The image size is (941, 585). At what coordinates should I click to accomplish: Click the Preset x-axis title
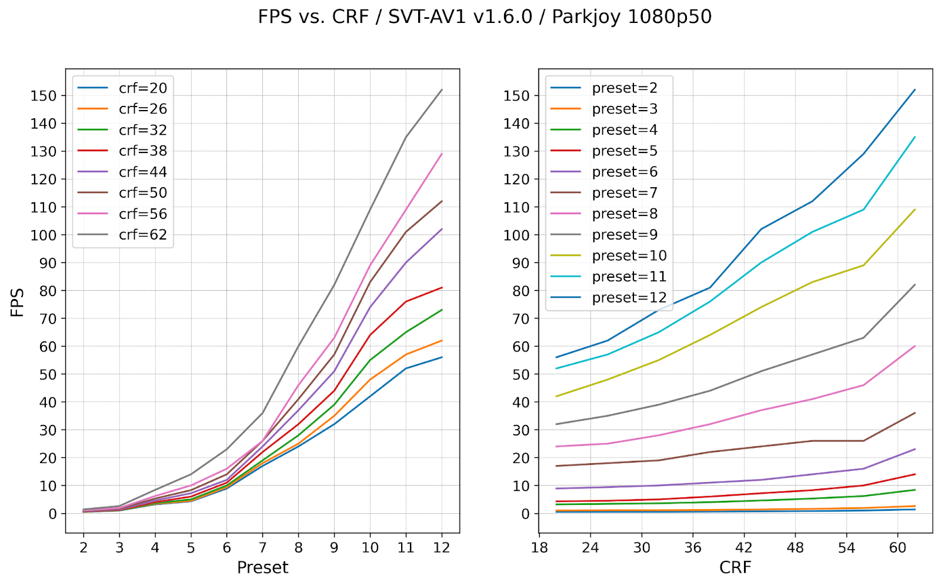coord(262,567)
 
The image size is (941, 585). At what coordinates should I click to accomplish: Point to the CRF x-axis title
coord(735,567)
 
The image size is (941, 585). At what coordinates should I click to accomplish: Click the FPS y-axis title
coord(18,302)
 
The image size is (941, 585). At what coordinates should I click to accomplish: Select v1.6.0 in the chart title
coord(502,16)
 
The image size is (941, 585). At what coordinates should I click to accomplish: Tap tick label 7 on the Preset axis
coord(262,548)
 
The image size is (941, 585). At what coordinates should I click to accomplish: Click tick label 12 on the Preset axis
coord(442,548)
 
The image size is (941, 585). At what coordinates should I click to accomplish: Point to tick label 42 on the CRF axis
coord(744,548)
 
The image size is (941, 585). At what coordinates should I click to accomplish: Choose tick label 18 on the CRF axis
coord(539,548)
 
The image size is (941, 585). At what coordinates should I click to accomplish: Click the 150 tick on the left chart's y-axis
coord(44,96)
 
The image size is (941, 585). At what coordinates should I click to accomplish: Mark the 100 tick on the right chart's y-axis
coord(516,235)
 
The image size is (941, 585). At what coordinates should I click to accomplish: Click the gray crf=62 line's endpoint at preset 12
coord(442,90)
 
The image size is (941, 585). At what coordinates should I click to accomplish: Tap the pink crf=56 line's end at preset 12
coord(442,154)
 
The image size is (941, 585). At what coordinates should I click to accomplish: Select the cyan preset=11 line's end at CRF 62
coord(915,137)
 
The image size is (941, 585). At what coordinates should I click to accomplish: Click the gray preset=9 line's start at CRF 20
coord(556,424)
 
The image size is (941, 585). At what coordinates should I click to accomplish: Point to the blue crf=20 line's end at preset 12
coord(442,357)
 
